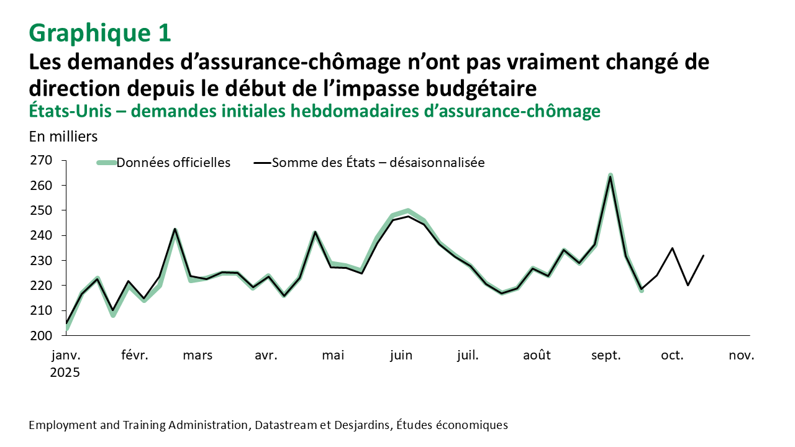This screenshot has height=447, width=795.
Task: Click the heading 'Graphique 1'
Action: [x=100, y=33]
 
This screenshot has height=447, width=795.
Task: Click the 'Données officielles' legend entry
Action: [x=173, y=163]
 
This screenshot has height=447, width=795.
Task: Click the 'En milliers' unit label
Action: [x=63, y=135]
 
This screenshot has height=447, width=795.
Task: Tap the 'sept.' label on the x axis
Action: [x=606, y=356]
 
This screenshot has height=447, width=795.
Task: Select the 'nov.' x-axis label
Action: [x=742, y=356]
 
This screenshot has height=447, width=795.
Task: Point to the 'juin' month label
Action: [x=401, y=356]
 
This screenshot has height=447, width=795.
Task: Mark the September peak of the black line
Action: [x=611, y=177]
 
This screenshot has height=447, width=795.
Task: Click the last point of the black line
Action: [x=703, y=255]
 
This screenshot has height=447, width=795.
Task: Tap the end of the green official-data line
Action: [x=642, y=291]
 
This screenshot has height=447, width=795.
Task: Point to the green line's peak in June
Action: [x=408, y=210]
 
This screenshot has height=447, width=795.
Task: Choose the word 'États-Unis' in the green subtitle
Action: [x=72, y=111]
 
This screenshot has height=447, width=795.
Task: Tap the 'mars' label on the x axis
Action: [x=198, y=356]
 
